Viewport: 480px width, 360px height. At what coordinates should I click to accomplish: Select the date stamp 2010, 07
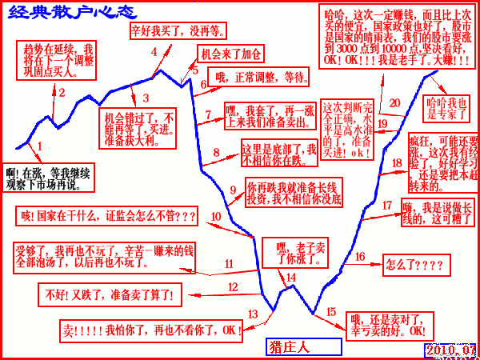click(x=450, y=350)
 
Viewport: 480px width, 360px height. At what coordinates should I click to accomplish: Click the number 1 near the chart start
click(x=39, y=146)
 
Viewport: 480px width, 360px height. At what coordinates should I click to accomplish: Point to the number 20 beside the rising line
click(x=394, y=102)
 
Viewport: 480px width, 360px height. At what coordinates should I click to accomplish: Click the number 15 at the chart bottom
click(x=331, y=311)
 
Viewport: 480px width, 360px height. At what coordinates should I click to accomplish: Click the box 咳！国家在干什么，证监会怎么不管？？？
click(x=106, y=216)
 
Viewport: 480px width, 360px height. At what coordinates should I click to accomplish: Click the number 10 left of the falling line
click(x=215, y=216)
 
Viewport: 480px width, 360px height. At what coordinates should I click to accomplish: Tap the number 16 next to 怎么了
click(x=359, y=256)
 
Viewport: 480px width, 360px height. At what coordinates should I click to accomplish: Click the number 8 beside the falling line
click(x=214, y=152)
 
